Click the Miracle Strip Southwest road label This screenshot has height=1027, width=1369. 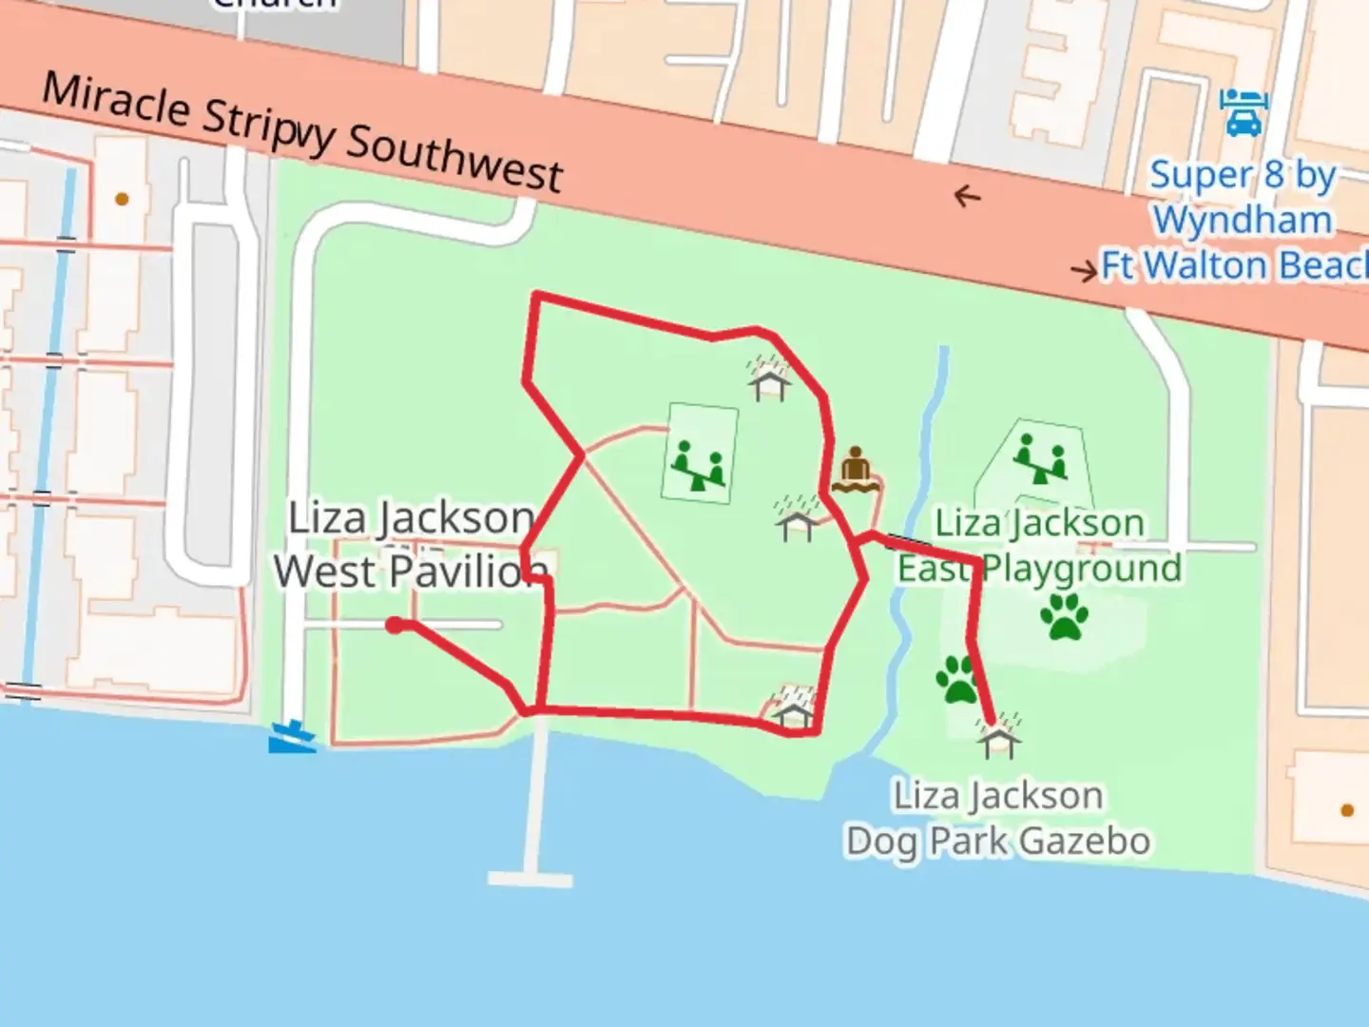point(302,132)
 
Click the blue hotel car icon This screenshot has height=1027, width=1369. point(1243,111)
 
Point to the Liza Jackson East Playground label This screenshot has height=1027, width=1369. point(1039,546)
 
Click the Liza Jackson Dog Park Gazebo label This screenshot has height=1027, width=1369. point(998,818)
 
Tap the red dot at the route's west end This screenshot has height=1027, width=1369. point(394,625)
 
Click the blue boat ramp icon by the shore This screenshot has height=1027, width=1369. point(292,736)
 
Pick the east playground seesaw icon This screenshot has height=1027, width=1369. point(1040,459)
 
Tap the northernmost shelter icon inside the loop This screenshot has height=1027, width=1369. point(769,379)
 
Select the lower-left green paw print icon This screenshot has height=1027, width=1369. point(957,679)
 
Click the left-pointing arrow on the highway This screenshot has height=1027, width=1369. point(967,197)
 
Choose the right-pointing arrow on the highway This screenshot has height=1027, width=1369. point(1084,272)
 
